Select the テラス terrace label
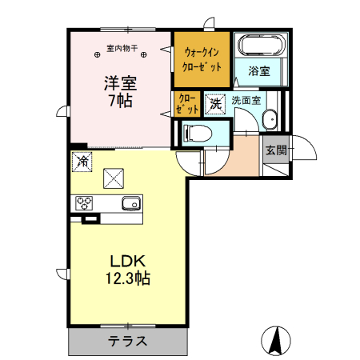click(x=127, y=341)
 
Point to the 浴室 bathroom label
click(x=258, y=70)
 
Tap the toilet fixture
click(x=195, y=133)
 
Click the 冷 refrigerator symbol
click(x=82, y=161)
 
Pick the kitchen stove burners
click(x=84, y=203)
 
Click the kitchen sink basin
click(x=131, y=203)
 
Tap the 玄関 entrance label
click(x=275, y=150)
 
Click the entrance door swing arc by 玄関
click(x=302, y=148)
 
